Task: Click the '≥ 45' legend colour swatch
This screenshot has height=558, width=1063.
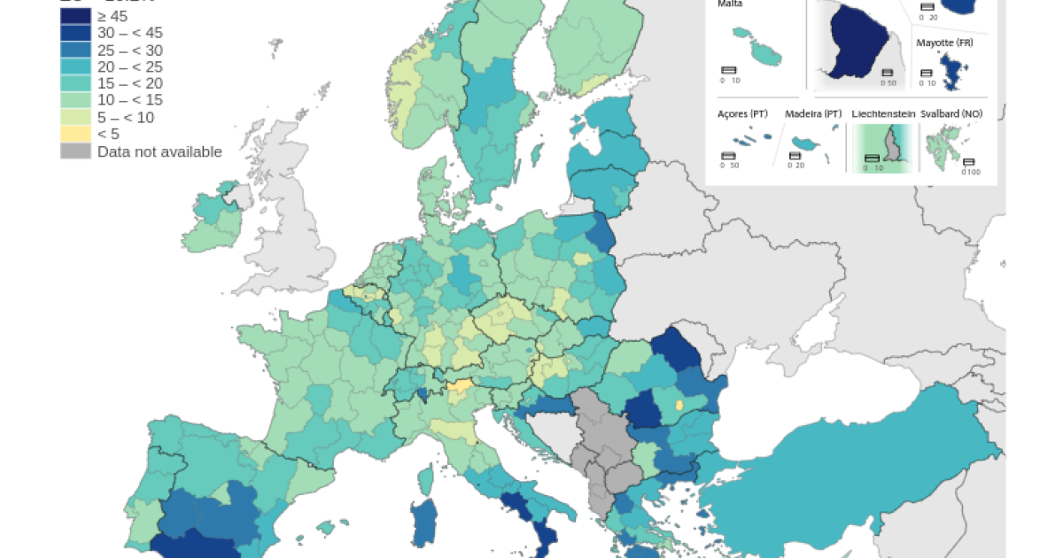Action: (75, 16)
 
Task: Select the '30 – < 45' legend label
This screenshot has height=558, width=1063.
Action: (130, 33)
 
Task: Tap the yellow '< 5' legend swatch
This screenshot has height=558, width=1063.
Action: (75, 134)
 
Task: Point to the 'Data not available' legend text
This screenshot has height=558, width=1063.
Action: (159, 151)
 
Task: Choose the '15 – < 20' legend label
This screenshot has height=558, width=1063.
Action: (130, 83)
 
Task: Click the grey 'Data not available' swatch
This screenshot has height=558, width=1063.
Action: (75, 151)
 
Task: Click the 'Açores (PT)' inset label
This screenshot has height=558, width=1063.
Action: (741, 114)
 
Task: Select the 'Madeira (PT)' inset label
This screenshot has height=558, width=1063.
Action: (812, 114)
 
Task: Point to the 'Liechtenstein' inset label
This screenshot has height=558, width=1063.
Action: (881, 114)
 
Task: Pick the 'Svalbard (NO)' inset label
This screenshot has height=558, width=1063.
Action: (951, 114)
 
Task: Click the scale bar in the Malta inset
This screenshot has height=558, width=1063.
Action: (729, 70)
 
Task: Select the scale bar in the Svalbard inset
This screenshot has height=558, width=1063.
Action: (968, 162)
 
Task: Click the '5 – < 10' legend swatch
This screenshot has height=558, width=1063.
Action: (75, 117)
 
